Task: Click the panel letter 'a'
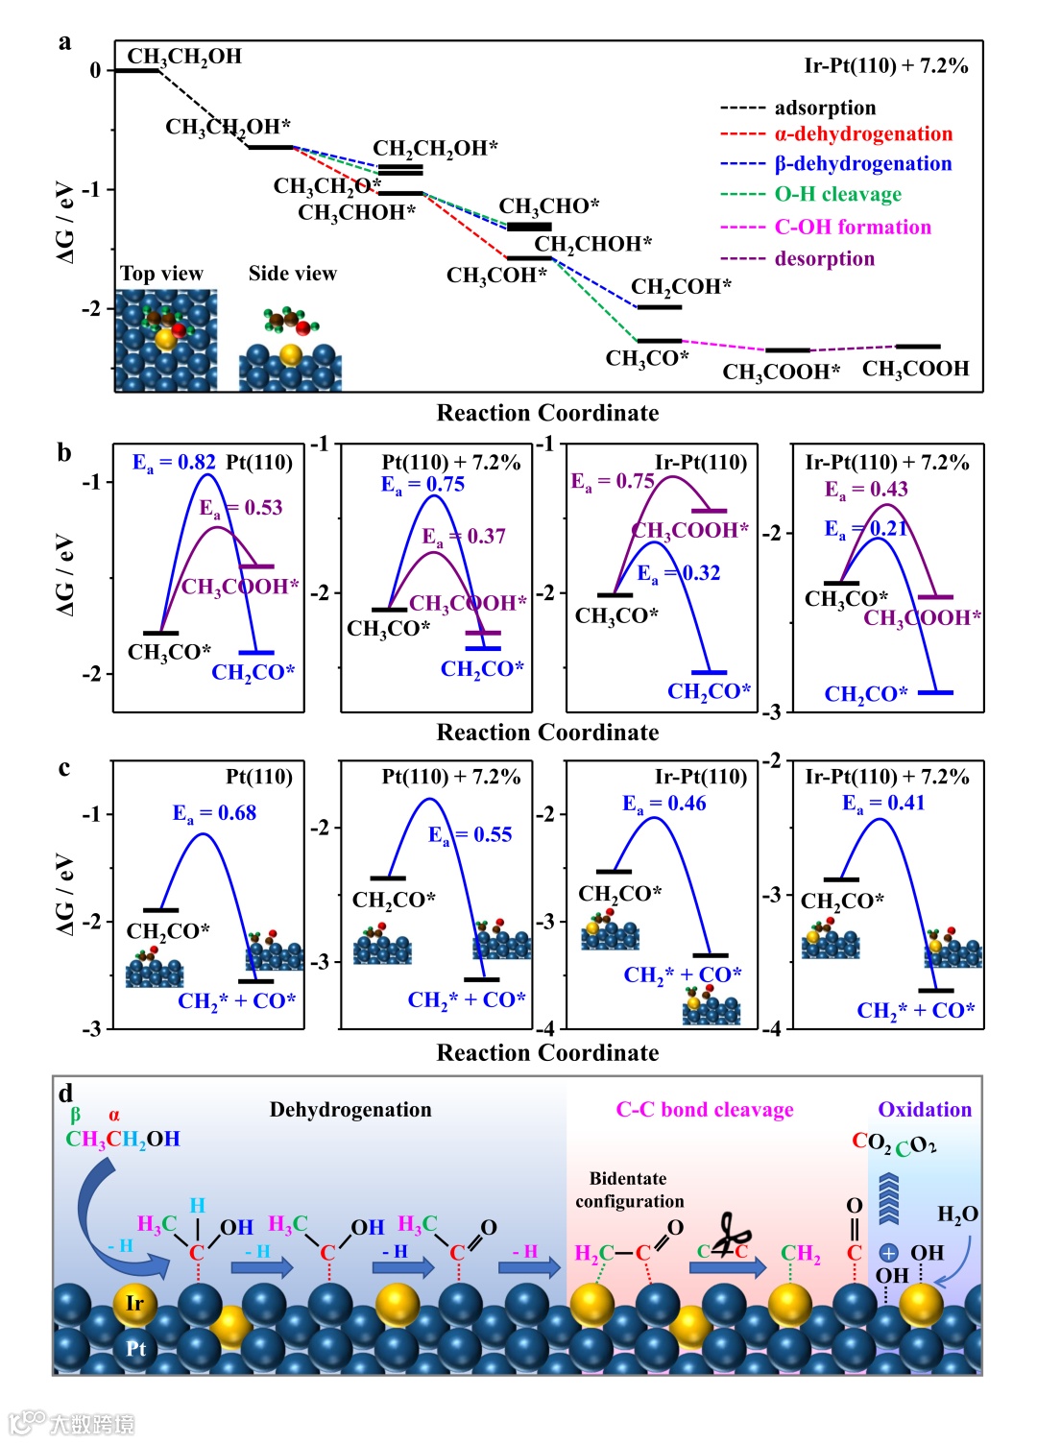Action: (x=64, y=42)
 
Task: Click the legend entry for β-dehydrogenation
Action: (x=862, y=164)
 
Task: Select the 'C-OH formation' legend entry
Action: (x=852, y=228)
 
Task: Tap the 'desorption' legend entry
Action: (x=824, y=259)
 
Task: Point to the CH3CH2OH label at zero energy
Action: (x=184, y=57)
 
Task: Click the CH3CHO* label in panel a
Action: (x=549, y=206)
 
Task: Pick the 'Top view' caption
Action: (x=161, y=275)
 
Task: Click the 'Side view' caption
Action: (x=293, y=274)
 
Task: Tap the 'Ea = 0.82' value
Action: (x=174, y=463)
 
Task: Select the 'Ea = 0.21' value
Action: (x=866, y=529)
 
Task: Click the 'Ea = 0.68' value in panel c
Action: (x=214, y=813)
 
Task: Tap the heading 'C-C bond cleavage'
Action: (x=705, y=1110)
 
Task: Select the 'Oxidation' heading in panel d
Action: (x=925, y=1110)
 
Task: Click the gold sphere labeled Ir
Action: (x=134, y=1303)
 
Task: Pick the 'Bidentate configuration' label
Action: (x=630, y=1190)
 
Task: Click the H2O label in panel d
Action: (x=957, y=1215)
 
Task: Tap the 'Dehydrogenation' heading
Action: (x=350, y=1110)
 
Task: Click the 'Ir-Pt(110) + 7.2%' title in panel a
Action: (x=885, y=66)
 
